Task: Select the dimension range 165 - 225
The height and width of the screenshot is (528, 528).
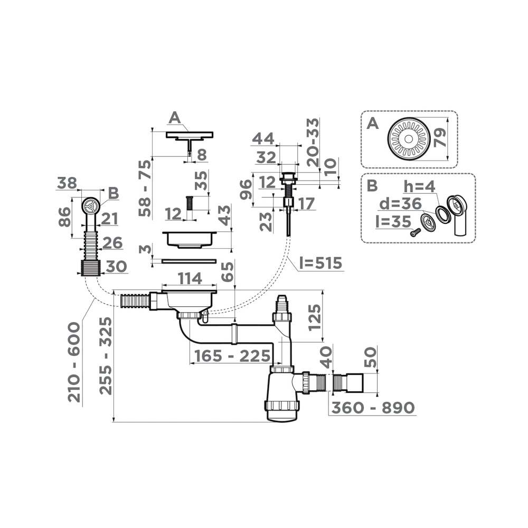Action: pos(232,356)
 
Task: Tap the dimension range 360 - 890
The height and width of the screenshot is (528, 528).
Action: pos(372,408)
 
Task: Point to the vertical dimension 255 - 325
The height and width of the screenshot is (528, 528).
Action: pos(106,355)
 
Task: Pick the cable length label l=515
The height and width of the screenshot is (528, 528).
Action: pos(319,263)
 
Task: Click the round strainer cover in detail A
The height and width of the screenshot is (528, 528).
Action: pos(409,139)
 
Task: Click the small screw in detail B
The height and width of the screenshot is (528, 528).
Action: pos(416,231)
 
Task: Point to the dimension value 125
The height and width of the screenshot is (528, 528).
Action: pos(314,316)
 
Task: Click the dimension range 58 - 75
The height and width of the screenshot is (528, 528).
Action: pos(145,187)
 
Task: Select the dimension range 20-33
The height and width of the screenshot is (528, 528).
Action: pos(313,142)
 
